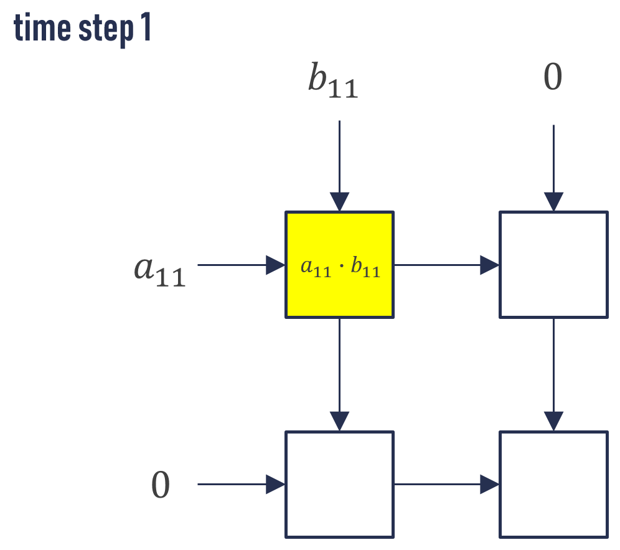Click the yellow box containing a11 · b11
(339, 293)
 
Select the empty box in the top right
(553, 265)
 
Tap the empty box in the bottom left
(339, 484)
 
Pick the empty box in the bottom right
(553, 484)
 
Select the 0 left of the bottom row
(161, 486)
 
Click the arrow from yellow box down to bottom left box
(339, 374)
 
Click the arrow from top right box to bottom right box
(553, 374)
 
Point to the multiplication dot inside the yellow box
(339, 269)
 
